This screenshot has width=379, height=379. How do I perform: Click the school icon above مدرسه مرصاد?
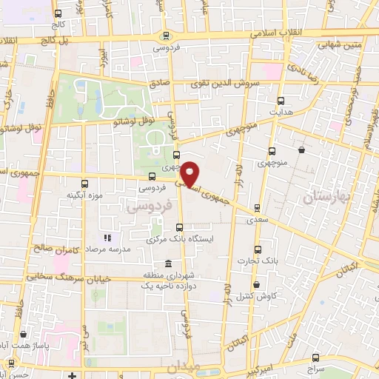pos(107,238)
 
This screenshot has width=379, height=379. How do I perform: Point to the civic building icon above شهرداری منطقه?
pos(170,264)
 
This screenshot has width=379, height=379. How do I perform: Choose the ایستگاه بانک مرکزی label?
pos(182,240)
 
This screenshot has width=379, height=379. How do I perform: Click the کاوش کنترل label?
pos(255,296)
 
